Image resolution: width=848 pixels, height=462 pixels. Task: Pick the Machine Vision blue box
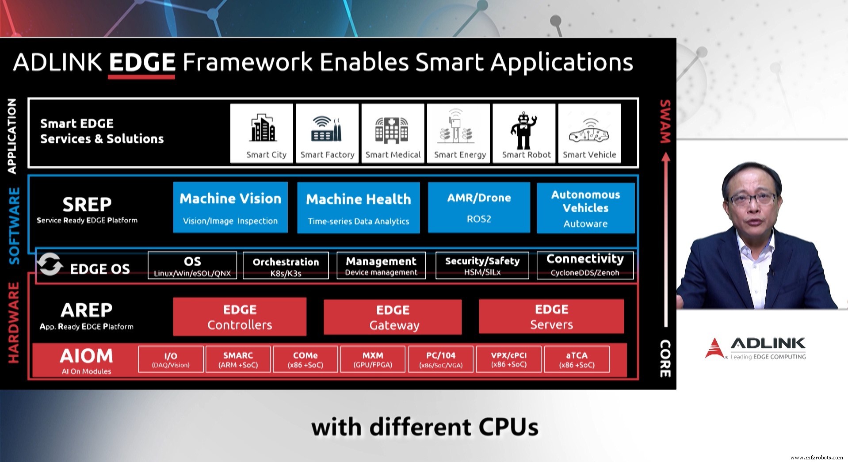pyautogui.click(x=230, y=207)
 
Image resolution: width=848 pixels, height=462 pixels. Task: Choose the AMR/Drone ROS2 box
pyautogui.click(x=479, y=207)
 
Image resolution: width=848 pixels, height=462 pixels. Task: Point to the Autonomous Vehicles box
pyautogui.click(x=585, y=208)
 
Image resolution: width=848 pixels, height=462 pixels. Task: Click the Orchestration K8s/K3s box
pyautogui.click(x=286, y=266)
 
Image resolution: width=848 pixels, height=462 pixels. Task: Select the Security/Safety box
pyautogui.click(x=482, y=266)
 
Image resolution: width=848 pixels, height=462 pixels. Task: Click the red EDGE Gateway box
pyautogui.click(x=393, y=317)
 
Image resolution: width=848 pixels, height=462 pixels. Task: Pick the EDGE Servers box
pyautogui.click(x=551, y=317)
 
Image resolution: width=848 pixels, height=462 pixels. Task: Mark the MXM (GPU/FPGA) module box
pyautogui.click(x=373, y=359)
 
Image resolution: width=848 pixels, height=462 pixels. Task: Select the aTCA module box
pyautogui.click(x=577, y=359)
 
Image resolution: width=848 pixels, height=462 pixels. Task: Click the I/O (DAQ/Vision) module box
pyautogui.click(x=171, y=359)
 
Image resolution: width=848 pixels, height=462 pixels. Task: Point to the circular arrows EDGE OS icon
pyautogui.click(x=49, y=264)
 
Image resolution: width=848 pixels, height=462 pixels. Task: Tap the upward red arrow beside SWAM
pyautogui.click(x=666, y=239)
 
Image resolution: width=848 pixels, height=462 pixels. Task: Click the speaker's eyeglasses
pyautogui.click(x=750, y=199)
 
